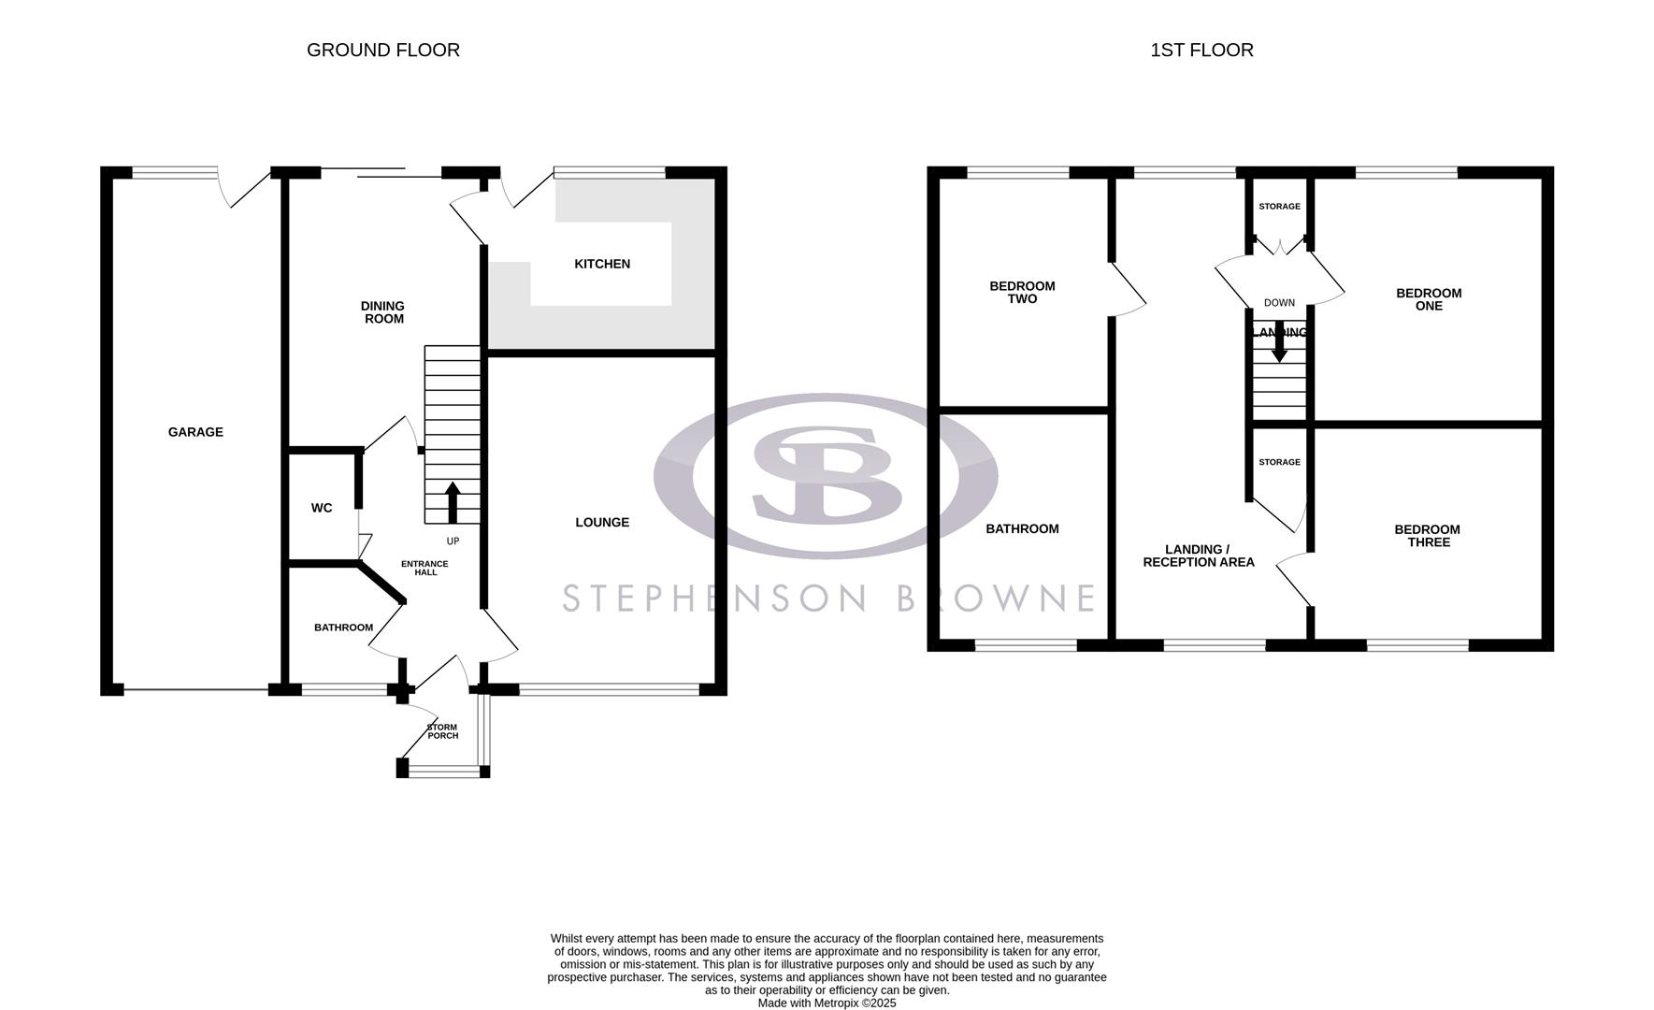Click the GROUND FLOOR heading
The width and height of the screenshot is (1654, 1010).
[x=383, y=50]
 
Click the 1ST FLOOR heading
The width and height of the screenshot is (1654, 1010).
[x=1201, y=50]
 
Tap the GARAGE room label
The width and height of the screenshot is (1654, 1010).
[x=195, y=432]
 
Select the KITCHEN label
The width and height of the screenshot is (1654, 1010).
[x=602, y=265]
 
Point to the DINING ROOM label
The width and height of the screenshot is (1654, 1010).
[x=383, y=312]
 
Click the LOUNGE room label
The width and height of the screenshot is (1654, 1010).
[x=602, y=523]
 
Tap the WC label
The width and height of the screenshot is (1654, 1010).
[x=322, y=509]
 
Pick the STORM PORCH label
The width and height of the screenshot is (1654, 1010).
[x=442, y=731]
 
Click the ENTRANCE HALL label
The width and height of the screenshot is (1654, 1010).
[x=424, y=568]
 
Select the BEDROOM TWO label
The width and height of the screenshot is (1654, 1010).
[x=1022, y=293]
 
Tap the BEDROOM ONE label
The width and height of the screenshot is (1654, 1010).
[x=1429, y=299]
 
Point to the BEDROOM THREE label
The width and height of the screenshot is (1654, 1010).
[x=1427, y=536]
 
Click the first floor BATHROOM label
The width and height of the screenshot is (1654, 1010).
[x=1022, y=529]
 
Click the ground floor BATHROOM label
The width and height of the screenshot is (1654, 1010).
[x=343, y=628]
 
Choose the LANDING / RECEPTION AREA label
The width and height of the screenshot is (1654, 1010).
[x=1199, y=555]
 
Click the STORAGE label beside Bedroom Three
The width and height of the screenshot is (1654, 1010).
[x=1279, y=462]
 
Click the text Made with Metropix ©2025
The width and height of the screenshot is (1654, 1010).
[x=827, y=1003]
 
